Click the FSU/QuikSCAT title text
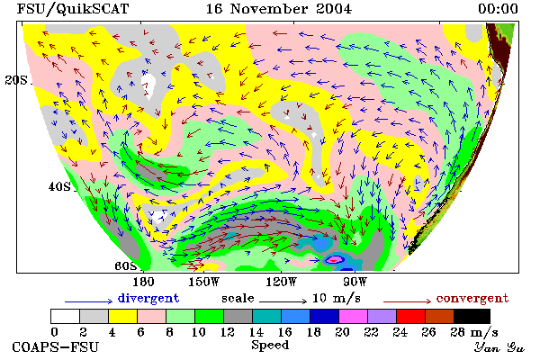pyautogui.click(x=73, y=9)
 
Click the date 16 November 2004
pyautogui.click(x=279, y=9)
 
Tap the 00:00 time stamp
pyautogui.click(x=498, y=9)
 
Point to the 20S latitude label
pyautogui.click(x=16, y=80)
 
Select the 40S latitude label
pyautogui.click(x=59, y=186)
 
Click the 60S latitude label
pyautogui.click(x=126, y=266)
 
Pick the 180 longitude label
pyautogui.click(x=143, y=282)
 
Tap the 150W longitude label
pyautogui.click(x=204, y=282)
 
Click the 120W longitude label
pyautogui.click(x=281, y=282)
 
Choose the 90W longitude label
pyautogui.click(x=355, y=282)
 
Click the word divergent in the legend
pyautogui.click(x=148, y=298)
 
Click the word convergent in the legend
pyautogui.click(x=472, y=298)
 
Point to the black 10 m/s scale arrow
pyautogui.click(x=283, y=301)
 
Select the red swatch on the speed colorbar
pyautogui.click(x=410, y=316)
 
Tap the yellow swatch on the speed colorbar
pyautogui.click(x=122, y=316)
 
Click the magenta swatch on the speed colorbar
pyautogui.click(x=353, y=316)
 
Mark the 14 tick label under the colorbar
pyautogui.click(x=256, y=332)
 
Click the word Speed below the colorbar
pyautogui.click(x=270, y=346)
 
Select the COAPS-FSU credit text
pyautogui.click(x=56, y=346)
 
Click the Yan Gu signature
pyautogui.click(x=499, y=347)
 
